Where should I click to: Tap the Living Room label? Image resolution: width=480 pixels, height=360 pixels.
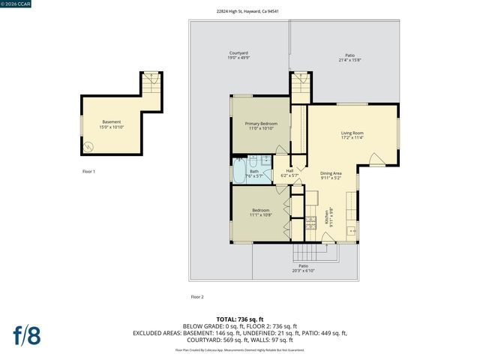click(x=352, y=135)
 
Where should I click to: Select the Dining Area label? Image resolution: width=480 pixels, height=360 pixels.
click(x=331, y=175)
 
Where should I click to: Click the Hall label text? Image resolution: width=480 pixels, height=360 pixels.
click(x=289, y=172)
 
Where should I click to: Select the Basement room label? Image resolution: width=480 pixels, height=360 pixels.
click(x=111, y=124)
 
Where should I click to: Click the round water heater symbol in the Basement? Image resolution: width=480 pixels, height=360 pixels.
click(x=90, y=147)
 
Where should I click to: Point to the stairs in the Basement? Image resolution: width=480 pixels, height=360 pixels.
click(x=151, y=80)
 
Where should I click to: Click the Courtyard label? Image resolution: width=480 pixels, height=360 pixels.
click(x=238, y=55)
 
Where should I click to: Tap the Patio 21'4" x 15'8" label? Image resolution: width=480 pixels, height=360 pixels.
click(x=349, y=57)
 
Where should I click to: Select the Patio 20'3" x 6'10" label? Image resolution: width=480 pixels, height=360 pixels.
click(x=303, y=268)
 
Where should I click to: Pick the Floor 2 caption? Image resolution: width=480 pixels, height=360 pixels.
click(x=197, y=296)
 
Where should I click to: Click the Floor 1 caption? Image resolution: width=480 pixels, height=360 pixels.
click(x=88, y=172)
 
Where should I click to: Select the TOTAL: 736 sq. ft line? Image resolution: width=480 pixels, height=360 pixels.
click(x=239, y=319)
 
